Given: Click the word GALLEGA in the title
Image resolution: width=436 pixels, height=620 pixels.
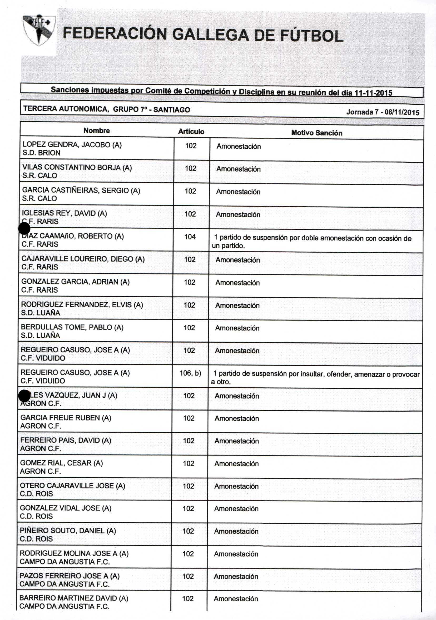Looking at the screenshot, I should tap(210, 35).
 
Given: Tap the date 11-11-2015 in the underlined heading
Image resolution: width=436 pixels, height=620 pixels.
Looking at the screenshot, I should tap(373, 93).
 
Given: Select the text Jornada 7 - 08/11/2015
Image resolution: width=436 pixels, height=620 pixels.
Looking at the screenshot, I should tap(383, 112).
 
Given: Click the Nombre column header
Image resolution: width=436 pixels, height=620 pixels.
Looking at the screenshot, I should tap(96, 131).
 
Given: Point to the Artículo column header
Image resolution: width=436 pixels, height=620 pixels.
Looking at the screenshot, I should tap(191, 132).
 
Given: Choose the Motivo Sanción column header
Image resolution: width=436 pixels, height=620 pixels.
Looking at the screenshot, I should tap(316, 133).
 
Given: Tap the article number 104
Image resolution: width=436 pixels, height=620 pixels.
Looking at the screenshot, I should tap(190, 237).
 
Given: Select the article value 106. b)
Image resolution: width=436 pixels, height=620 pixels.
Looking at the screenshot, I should tap(190, 373).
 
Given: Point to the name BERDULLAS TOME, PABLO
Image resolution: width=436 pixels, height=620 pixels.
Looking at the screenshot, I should tap(72, 327).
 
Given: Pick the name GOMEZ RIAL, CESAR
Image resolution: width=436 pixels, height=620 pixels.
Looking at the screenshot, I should tap(61, 463).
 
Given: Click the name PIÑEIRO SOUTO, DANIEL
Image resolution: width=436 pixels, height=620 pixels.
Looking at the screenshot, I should tap(68, 531).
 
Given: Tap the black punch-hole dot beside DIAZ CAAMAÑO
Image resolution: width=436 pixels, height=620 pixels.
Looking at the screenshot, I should tap(24, 229).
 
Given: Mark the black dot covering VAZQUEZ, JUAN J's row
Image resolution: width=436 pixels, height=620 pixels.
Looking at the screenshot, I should tap(24, 396).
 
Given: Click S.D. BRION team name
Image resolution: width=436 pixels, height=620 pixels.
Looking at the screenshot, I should tap(41, 153).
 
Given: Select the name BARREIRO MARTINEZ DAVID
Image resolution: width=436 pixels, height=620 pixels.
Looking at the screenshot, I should tap(74, 598).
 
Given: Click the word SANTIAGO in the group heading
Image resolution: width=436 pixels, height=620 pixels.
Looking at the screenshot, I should tap(172, 110).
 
